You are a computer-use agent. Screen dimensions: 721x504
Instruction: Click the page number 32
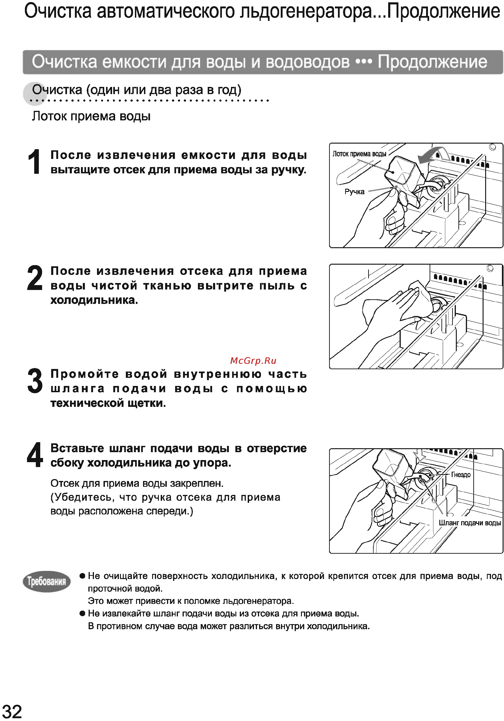(12, 711)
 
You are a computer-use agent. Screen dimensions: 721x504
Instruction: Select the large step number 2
(35, 278)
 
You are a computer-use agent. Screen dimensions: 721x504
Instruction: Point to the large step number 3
(35, 381)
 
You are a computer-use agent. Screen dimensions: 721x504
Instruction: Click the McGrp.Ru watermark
(253, 361)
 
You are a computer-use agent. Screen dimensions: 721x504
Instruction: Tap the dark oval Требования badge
(47, 582)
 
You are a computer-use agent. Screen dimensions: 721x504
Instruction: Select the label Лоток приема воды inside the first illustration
(359, 154)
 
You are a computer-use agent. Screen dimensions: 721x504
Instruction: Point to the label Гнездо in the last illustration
(461, 475)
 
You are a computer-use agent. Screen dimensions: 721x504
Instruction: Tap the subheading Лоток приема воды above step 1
(91, 116)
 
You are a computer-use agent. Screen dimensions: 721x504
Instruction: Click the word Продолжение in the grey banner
(432, 62)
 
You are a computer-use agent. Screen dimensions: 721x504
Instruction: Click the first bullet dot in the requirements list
(82, 576)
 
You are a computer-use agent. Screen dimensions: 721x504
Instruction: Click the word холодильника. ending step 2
(94, 300)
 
